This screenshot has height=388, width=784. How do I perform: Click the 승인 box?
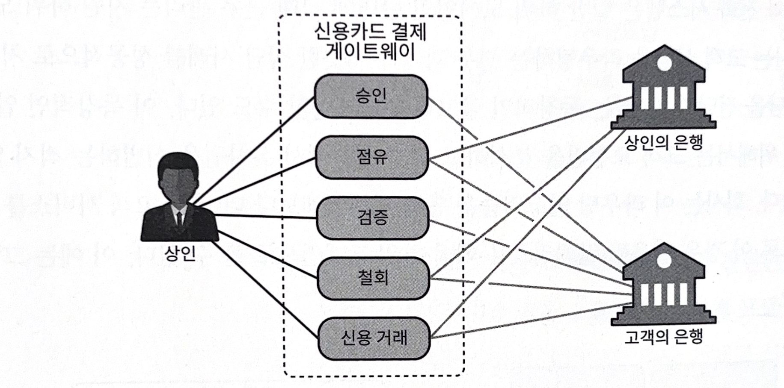[x=371, y=96]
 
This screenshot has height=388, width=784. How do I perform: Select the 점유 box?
[x=372, y=157]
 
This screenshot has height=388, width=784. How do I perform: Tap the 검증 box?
[x=372, y=218]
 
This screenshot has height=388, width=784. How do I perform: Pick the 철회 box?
[x=373, y=278]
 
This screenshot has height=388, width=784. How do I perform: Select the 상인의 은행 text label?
[x=663, y=142]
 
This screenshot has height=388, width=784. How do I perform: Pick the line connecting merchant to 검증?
[x=265, y=216]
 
